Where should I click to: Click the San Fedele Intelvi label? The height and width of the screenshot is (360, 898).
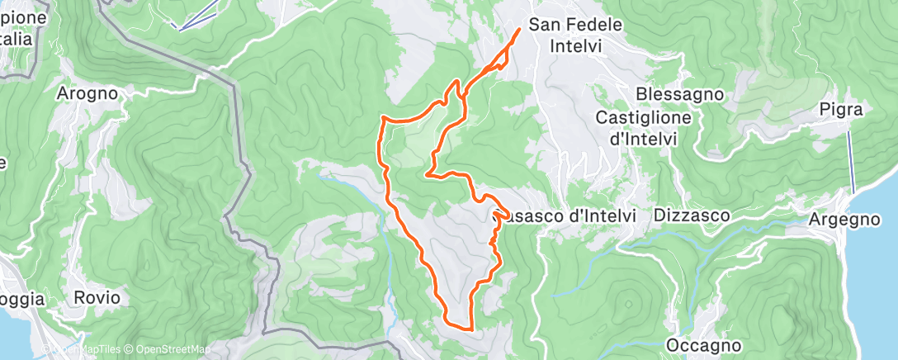[x=575, y=36]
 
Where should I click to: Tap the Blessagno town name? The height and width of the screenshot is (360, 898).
[x=680, y=94]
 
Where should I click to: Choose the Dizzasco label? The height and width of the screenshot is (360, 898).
[x=692, y=216]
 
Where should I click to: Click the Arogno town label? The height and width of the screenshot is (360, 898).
[x=87, y=93]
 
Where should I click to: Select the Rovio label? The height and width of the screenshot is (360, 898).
[x=97, y=297]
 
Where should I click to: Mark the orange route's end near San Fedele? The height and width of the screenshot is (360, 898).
[x=519, y=30]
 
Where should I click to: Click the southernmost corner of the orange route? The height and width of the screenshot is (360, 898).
[x=470, y=329]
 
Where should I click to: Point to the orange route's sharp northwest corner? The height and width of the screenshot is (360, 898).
[x=381, y=120]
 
